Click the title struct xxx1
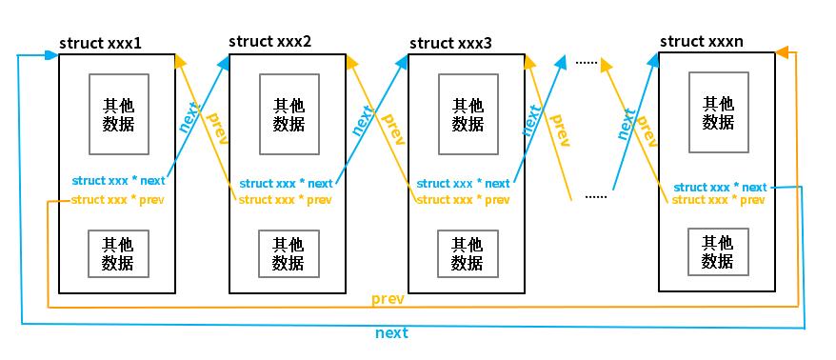coord(102,44)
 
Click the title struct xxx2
coord(270,42)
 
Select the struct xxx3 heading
coord(451,43)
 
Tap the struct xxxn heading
coord(702,41)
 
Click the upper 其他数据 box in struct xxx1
coord(118,114)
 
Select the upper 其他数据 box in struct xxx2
coord(289,114)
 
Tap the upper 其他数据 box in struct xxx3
coord(468,114)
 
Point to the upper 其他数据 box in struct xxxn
coord(719,112)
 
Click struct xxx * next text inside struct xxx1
coord(118,180)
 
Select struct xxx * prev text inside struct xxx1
coord(117,199)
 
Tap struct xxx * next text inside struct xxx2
coord(286,183)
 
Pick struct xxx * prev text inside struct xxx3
coord(463,200)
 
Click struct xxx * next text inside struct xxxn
coord(720,187)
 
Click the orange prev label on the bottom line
coord(388,299)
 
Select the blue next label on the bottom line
coord(391,332)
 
